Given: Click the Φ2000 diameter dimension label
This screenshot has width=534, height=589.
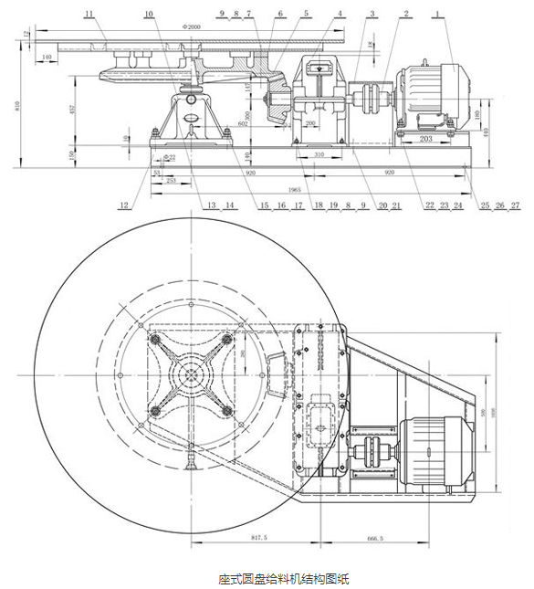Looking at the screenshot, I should pyautogui.click(x=191, y=27).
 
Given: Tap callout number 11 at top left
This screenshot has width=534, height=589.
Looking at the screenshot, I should pyautogui.click(x=88, y=14).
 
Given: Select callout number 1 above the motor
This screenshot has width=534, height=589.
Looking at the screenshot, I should pyautogui.click(x=437, y=14).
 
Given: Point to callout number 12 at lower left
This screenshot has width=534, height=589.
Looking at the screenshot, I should pyautogui.click(x=123, y=205).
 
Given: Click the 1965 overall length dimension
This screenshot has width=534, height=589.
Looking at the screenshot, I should pyautogui.click(x=293, y=189).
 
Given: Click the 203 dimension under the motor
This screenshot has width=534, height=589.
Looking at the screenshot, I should pyautogui.click(x=425, y=139).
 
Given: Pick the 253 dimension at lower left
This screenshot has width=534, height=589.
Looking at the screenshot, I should pyautogui.click(x=172, y=181).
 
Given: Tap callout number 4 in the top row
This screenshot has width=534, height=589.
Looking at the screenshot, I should pyautogui.click(x=340, y=14).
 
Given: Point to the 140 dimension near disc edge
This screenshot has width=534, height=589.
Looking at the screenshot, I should pyautogui.click(x=47, y=57).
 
